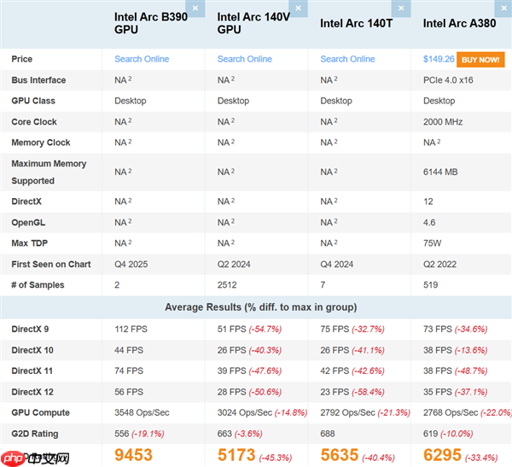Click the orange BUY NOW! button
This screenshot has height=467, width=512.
(x=480, y=59)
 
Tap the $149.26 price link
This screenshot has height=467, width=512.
(x=439, y=59)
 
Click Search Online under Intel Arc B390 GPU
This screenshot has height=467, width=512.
(x=142, y=59)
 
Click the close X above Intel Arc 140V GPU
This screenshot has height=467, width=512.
(x=299, y=9)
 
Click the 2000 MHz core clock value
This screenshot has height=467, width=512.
(x=443, y=122)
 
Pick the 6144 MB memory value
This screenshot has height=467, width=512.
(x=440, y=172)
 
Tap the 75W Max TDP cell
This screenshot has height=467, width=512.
(x=433, y=243)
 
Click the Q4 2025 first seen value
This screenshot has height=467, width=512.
(x=131, y=265)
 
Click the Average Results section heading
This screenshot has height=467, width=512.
(x=255, y=306)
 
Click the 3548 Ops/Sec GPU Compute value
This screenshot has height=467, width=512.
(x=143, y=412)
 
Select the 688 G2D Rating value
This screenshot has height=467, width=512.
(x=328, y=434)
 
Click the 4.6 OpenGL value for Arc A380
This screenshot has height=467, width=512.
(x=430, y=222)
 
